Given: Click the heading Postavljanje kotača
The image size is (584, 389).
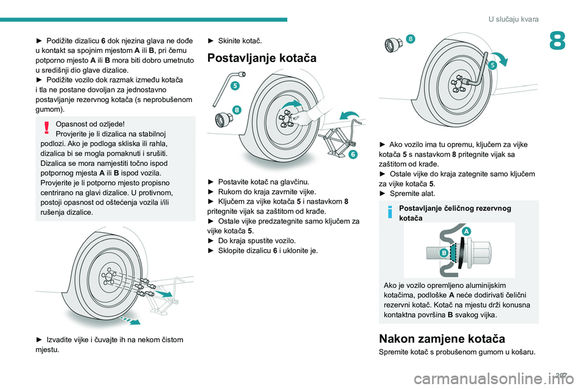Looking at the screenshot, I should (262, 58).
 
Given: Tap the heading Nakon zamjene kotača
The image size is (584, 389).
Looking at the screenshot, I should (441, 339).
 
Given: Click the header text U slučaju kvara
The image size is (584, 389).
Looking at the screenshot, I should (513, 19).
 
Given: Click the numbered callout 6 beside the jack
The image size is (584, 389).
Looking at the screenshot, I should (353, 155).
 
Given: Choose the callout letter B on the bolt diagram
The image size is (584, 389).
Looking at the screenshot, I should (444, 252).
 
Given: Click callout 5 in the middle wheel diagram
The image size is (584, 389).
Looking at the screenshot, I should (234, 86).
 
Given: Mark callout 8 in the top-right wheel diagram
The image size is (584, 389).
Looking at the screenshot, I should (411, 40).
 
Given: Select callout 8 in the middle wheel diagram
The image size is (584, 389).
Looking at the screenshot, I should (237, 110).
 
